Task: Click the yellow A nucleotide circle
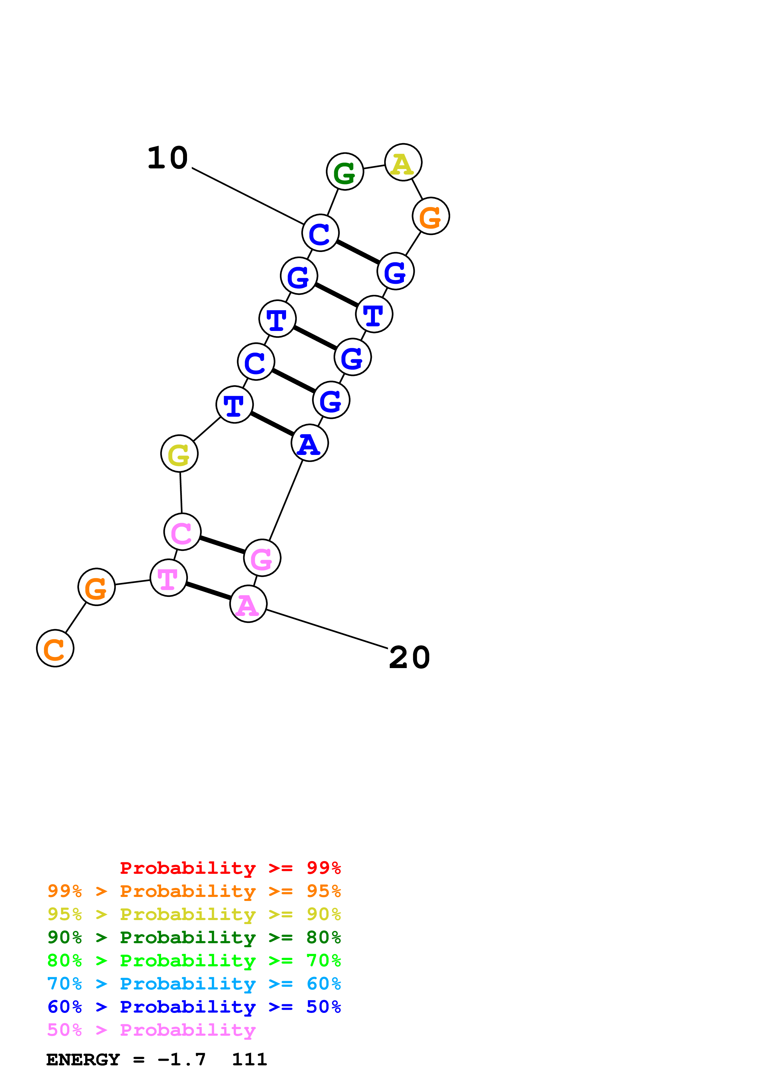coord(403,163)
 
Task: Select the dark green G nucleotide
coord(345,171)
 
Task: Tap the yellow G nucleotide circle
coord(179,454)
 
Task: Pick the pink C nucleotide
coord(182,532)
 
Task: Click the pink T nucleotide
coord(168,578)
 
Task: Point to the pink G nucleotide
coord(262,558)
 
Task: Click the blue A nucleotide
coord(310,443)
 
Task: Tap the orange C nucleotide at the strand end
coord(55,648)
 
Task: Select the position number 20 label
coord(410,658)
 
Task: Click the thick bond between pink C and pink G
coord(222,545)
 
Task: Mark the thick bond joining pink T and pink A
coord(208,591)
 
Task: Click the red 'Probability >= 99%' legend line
coord(230,868)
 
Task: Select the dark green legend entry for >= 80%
coord(194,937)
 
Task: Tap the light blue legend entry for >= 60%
coord(194,984)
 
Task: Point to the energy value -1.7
coord(181,1060)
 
